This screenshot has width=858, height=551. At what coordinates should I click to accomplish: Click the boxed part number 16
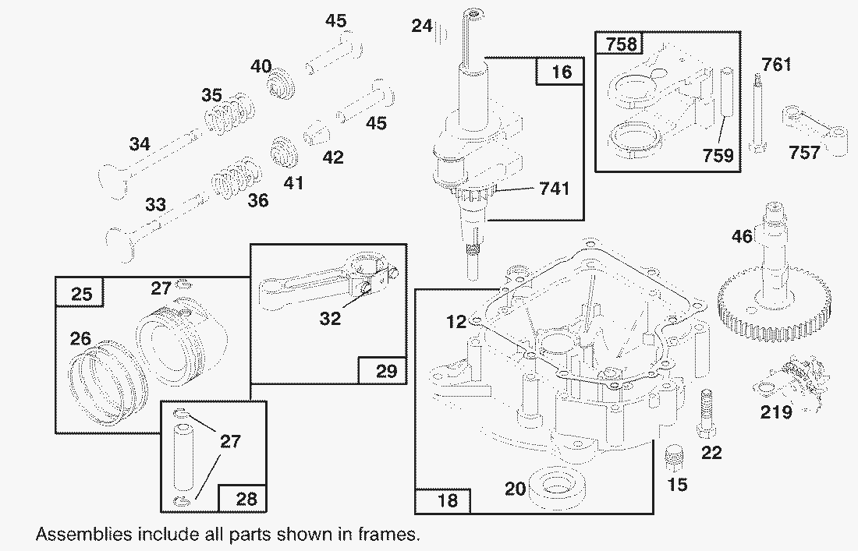561,72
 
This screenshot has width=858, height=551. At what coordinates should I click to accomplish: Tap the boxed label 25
81,294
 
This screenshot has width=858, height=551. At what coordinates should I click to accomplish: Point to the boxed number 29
386,370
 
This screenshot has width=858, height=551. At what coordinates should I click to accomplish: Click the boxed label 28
246,497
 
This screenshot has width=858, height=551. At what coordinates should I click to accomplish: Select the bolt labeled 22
707,412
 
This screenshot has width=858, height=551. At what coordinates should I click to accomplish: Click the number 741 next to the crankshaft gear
553,188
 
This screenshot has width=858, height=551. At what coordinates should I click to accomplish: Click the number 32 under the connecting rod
330,318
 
